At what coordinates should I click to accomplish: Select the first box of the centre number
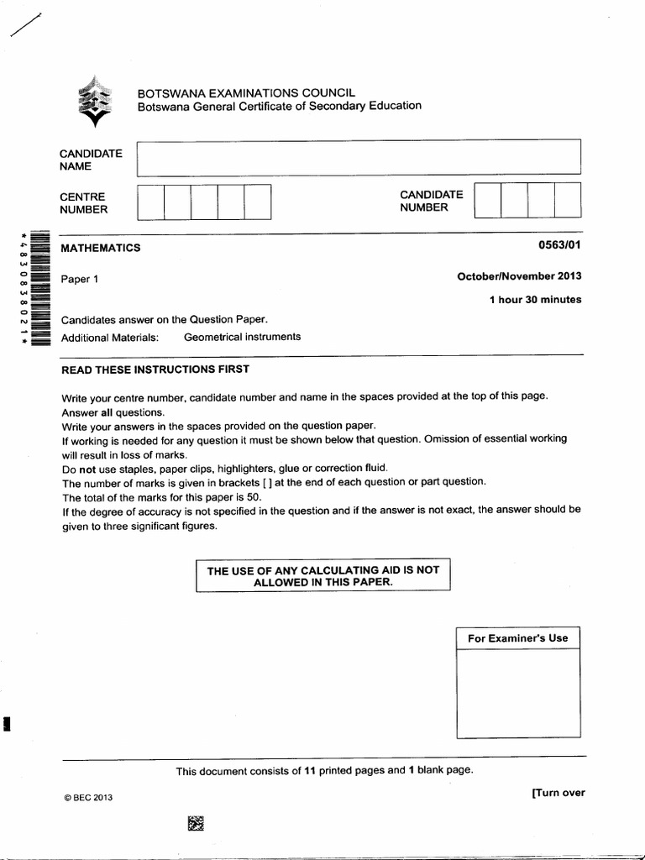150,202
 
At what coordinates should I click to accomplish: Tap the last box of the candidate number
568,202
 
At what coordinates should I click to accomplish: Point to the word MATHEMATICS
101,248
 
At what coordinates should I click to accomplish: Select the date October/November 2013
519,276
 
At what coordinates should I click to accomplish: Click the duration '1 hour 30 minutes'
535,300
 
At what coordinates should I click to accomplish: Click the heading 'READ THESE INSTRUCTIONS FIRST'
155,370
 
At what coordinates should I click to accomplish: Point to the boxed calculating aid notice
323,575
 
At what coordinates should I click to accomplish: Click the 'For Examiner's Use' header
517,638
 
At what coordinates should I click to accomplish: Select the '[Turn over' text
558,792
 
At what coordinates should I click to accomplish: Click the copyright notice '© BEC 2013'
87,798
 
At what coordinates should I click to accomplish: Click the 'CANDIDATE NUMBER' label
431,201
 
